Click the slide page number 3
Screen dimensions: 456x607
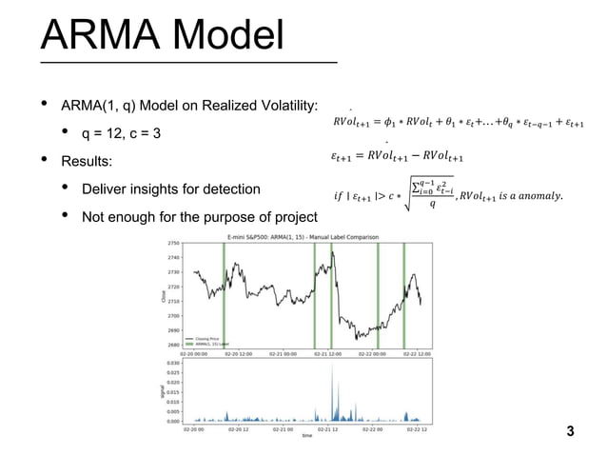click(570, 432)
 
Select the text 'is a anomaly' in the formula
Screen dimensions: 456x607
click(529, 197)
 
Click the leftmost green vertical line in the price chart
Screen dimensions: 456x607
click(224, 295)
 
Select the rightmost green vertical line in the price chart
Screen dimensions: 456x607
click(404, 295)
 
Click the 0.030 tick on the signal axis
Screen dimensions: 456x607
click(171, 363)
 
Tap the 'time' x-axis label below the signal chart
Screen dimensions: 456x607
click(306, 436)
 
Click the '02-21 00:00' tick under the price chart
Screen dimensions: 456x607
click(284, 353)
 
